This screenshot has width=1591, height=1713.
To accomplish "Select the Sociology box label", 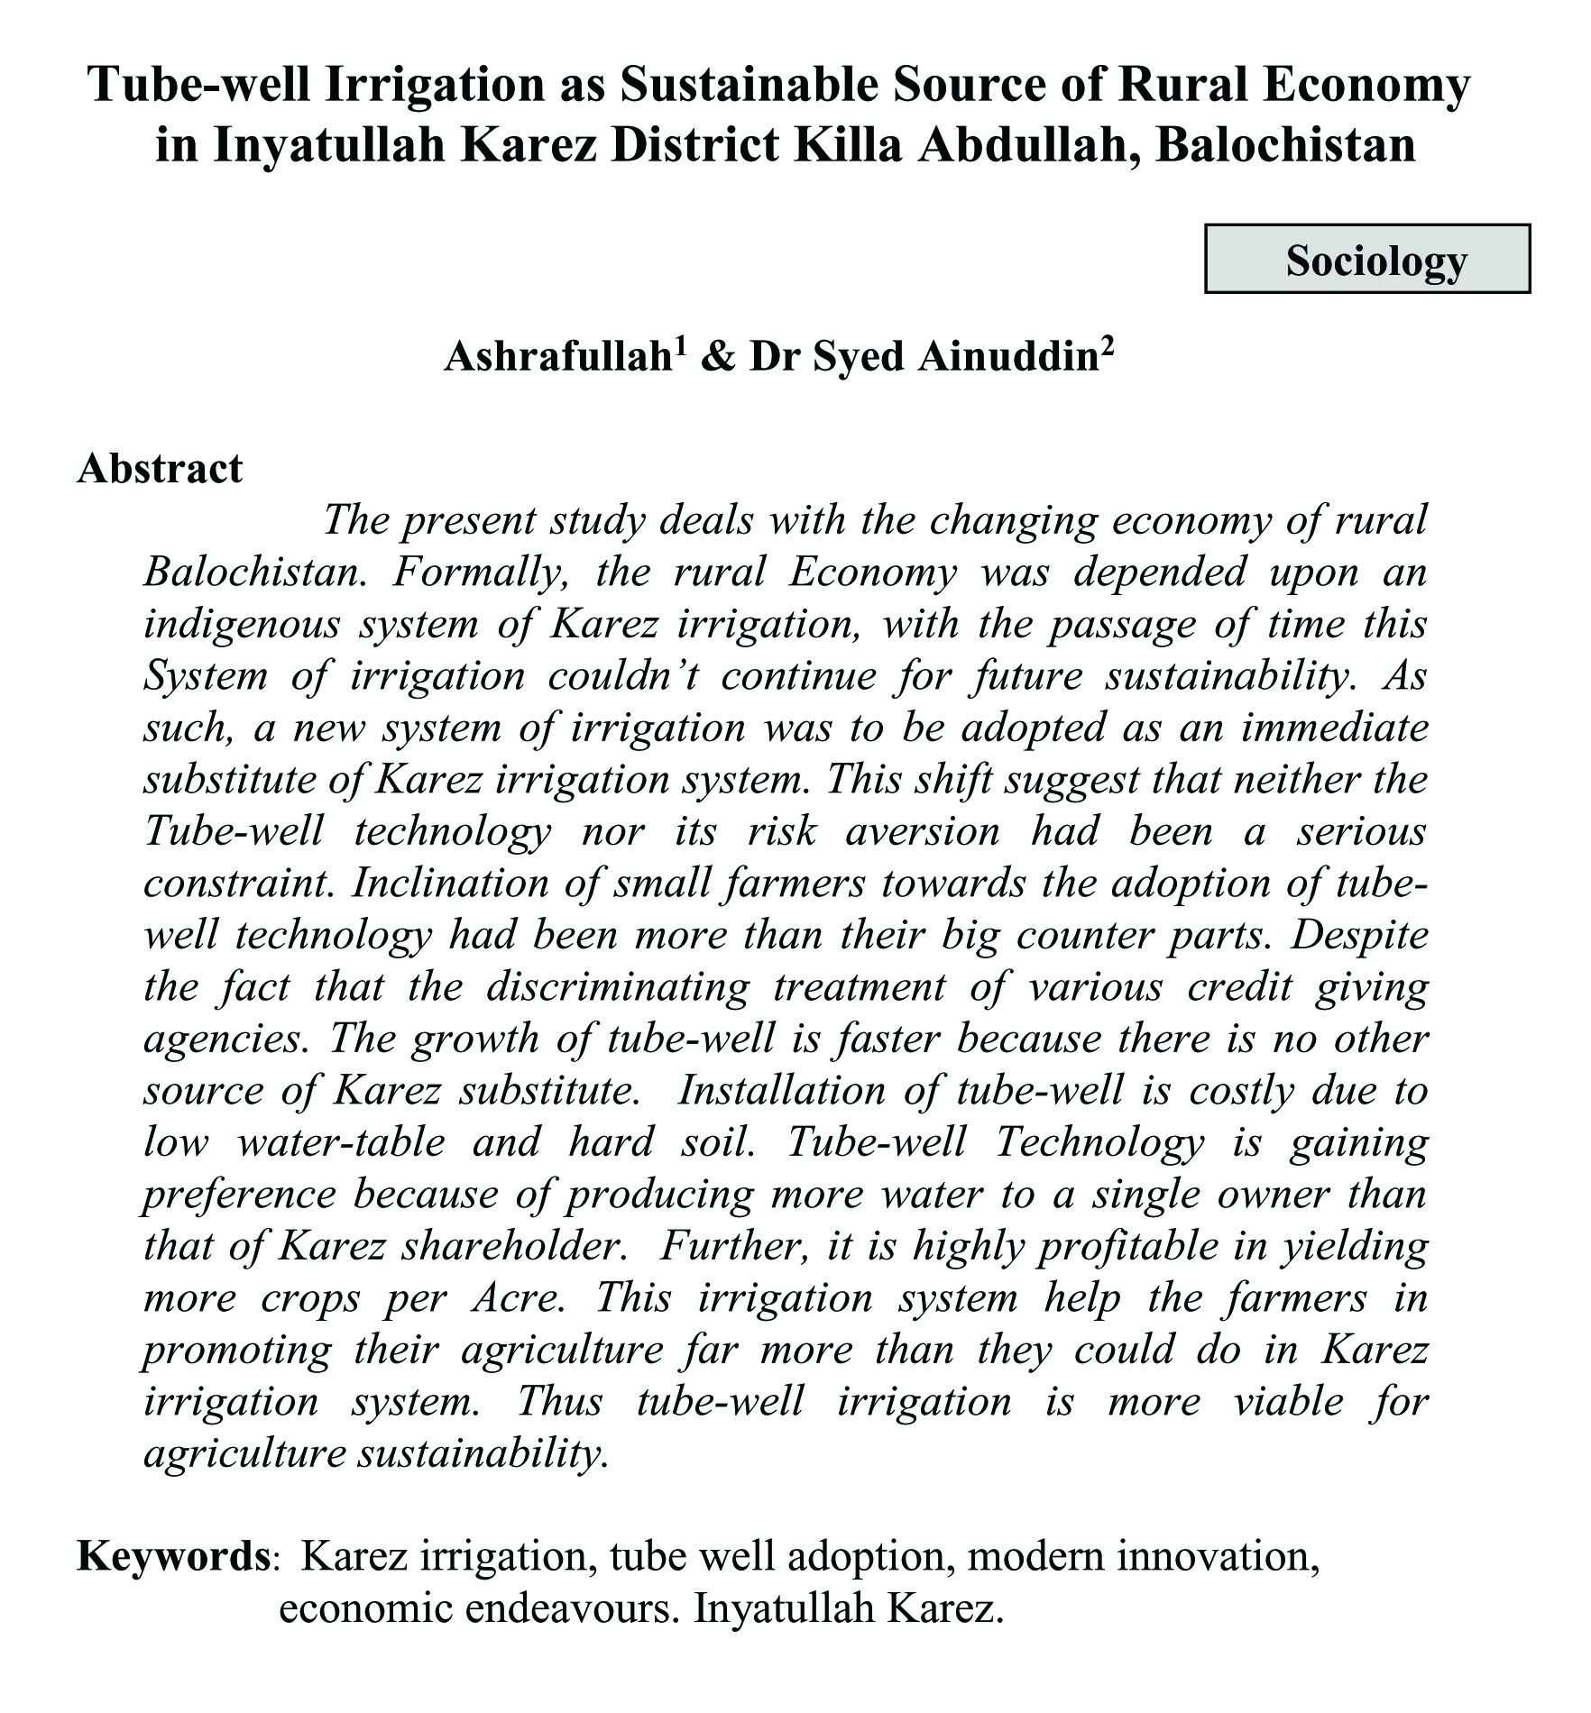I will [1375, 261].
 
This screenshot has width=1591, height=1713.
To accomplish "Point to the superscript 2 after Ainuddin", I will [1108, 346].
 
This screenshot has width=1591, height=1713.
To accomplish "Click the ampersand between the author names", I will [718, 358].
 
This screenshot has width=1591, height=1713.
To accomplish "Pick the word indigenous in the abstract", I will [241, 625].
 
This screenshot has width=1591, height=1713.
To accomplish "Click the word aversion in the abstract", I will [923, 832].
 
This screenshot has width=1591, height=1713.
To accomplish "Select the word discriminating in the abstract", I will [618, 988].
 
